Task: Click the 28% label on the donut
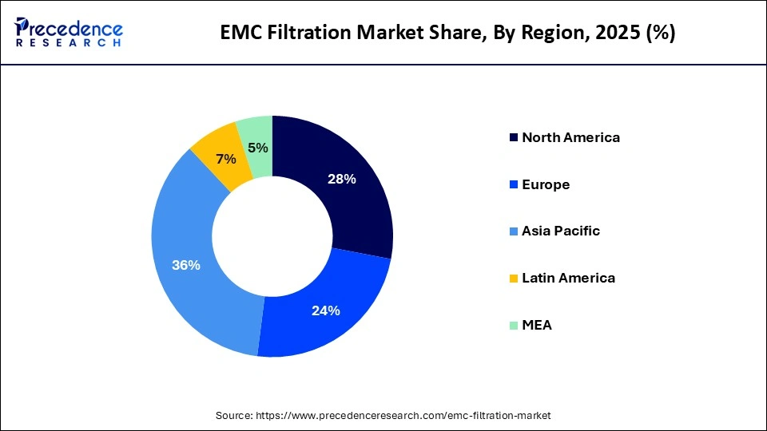tap(341, 180)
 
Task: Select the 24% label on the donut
tap(326, 310)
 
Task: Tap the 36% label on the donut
tap(186, 266)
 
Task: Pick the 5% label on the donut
tap(257, 148)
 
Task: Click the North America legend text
tap(570, 137)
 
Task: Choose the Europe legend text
tap(546, 184)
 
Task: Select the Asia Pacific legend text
tap(561, 231)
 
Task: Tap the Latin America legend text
tap(568, 279)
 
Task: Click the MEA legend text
tap(537, 325)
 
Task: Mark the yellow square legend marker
tap(511, 279)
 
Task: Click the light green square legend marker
tap(511, 325)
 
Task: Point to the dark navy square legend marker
tap(511, 137)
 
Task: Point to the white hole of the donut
tap(272, 236)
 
